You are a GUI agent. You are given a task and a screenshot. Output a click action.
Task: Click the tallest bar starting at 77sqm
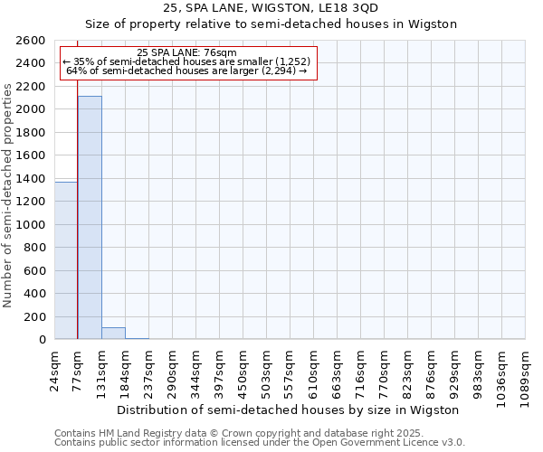click(x=90, y=217)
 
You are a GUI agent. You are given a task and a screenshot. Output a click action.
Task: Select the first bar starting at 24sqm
click(x=66, y=260)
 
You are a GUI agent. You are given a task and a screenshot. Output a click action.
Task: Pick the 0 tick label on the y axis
click(x=43, y=340)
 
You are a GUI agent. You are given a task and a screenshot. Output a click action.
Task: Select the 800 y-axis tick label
click(x=37, y=248)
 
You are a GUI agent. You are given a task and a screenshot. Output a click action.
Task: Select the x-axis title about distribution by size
click(x=289, y=410)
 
